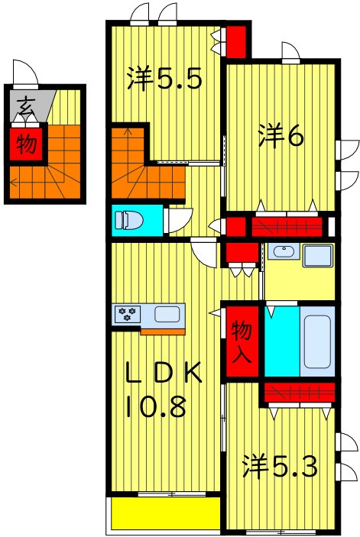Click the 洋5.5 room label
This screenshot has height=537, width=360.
tap(164, 78)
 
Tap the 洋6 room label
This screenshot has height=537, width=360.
tap(281, 136)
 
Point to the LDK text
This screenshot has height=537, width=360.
tap(164, 374)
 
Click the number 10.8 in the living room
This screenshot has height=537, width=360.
tap(156, 406)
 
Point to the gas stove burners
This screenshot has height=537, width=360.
tap(126, 313)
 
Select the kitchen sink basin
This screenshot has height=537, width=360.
tap(168, 313)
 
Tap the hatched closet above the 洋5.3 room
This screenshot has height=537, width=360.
tap(297, 393)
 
